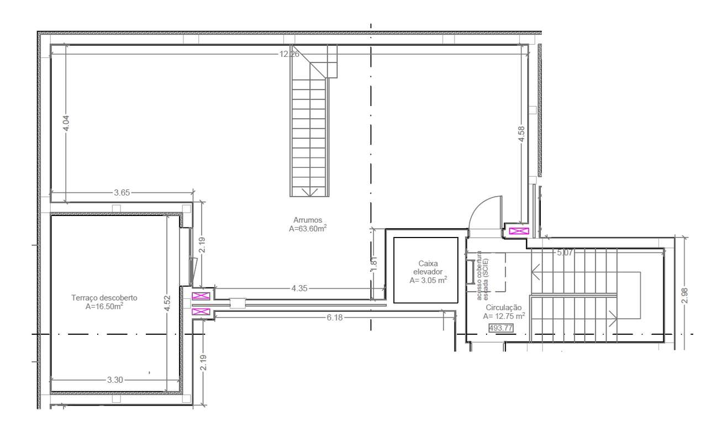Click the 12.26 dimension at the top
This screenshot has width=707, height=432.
[289, 54]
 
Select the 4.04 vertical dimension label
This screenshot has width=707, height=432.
[66, 123]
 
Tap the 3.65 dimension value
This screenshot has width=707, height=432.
[122, 193]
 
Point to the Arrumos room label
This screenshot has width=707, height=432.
[308, 220]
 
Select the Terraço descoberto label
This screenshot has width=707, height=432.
[104, 298]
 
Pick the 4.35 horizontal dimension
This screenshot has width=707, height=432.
[300, 288]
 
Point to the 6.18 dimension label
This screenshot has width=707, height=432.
[335, 317]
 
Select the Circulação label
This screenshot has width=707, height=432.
[504, 308]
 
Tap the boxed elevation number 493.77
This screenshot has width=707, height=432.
[501, 328]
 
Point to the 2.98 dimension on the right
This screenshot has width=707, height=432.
[685, 296]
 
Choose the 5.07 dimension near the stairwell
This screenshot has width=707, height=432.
[565, 253]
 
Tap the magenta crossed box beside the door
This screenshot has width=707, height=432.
[519, 231]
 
